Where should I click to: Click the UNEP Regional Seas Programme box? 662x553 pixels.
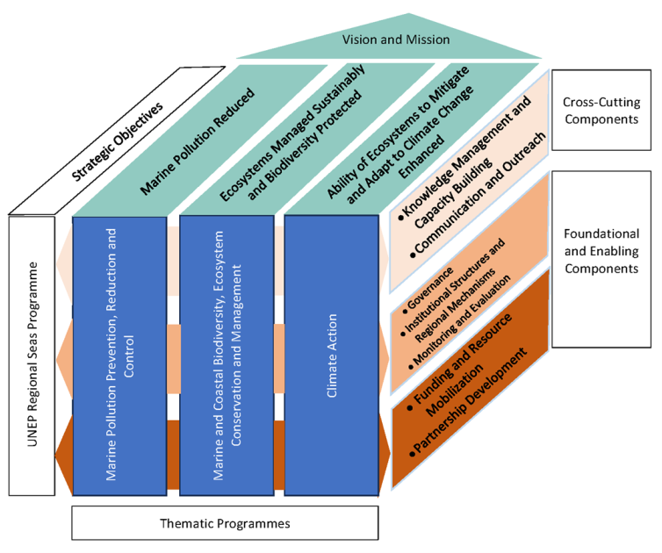[x=32, y=355]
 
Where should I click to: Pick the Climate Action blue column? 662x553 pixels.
[x=333, y=355]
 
